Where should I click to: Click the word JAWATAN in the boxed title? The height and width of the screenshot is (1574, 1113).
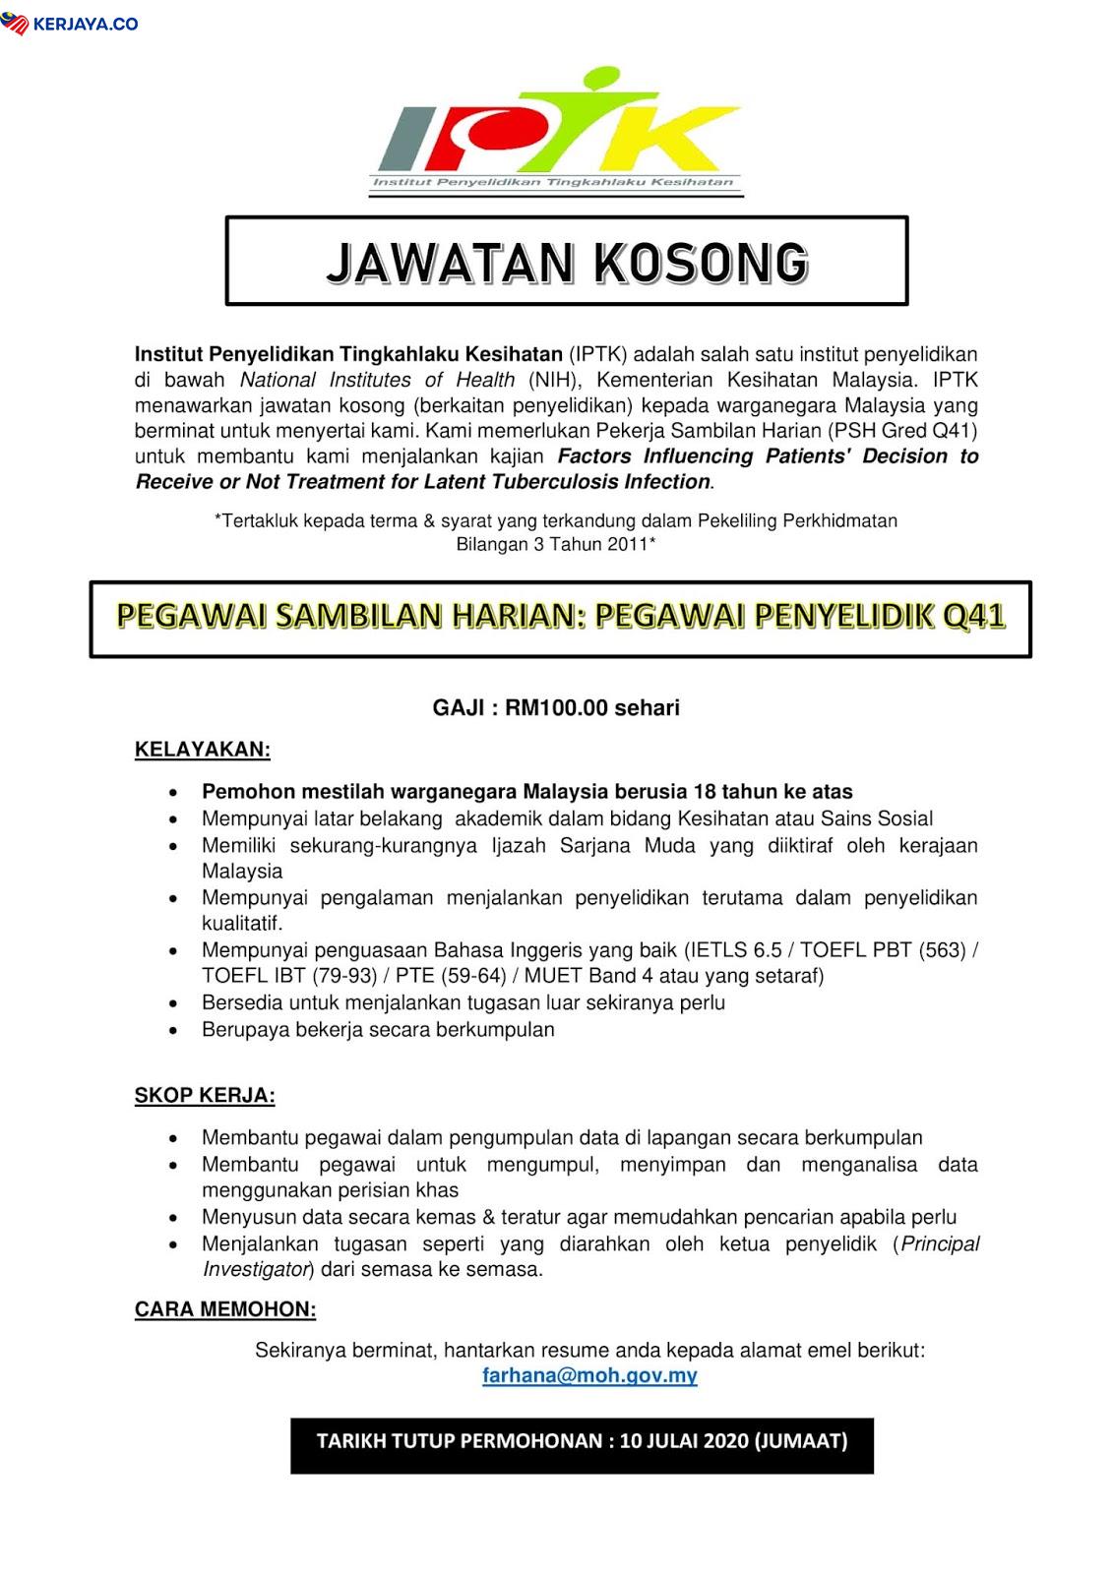point(447,263)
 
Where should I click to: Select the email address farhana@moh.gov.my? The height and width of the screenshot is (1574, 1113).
point(589,1375)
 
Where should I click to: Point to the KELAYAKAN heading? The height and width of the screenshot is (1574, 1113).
point(202,750)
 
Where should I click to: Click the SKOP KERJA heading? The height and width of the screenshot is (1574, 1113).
point(205,1095)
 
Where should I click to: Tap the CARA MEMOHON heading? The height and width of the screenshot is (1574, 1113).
point(225,1309)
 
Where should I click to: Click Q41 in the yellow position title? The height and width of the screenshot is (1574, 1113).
point(971,617)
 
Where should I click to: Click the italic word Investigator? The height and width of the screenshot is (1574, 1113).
point(256,1270)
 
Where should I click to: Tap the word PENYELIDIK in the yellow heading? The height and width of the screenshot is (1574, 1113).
point(842,617)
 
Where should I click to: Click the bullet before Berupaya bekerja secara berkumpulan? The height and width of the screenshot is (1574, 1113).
point(174,1031)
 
